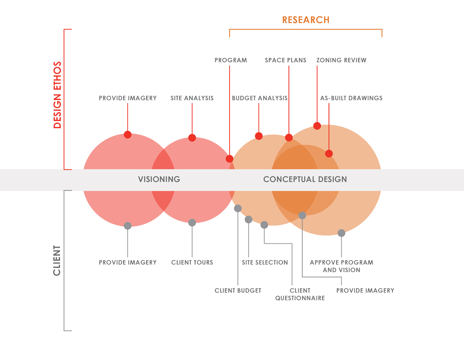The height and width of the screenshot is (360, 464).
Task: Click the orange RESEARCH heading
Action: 305,20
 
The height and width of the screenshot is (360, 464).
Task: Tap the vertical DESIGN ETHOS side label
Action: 57,95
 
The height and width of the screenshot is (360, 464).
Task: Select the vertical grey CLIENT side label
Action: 57,260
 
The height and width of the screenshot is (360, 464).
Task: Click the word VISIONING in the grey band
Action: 159,179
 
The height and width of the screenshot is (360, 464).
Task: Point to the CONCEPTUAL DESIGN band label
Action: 305,179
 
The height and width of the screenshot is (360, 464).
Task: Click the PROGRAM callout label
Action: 231,60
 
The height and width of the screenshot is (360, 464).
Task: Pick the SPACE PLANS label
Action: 286,60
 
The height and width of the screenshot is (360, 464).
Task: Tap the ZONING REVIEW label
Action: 342,60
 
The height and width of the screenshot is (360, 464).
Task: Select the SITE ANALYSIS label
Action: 192,98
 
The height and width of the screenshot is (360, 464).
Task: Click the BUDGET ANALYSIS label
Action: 259,98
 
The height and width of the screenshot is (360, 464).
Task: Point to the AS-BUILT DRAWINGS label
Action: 351,98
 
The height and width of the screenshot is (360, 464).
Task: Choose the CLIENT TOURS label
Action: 192,262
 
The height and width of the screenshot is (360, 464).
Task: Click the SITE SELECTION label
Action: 265,262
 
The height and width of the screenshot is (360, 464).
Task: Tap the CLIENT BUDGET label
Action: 238,291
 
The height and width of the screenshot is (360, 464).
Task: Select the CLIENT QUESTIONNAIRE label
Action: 300,295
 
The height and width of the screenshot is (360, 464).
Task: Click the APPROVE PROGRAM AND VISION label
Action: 342,266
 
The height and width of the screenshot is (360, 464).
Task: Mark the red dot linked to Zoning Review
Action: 317,126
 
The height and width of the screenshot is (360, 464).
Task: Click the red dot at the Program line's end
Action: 230,159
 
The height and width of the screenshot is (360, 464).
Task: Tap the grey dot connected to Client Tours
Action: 192,223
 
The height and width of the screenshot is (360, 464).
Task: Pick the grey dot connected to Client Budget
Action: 238,208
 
